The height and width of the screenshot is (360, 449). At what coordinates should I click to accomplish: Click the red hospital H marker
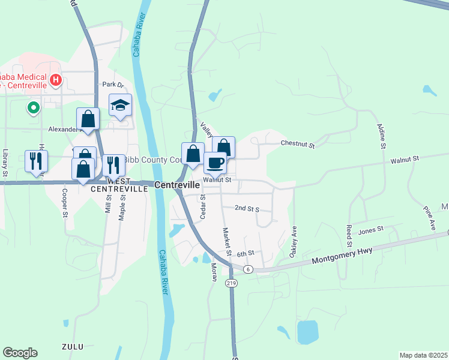pos(56,79)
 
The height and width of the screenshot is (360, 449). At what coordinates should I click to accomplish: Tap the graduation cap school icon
pos(120,106)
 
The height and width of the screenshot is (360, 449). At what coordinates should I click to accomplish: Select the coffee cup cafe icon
pos(215,161)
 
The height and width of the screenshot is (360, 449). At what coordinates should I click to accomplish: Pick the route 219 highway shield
pos(231,283)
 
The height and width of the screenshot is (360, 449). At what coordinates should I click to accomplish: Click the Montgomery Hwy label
pos(341,256)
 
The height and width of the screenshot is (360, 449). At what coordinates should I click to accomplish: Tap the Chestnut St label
pos(298,143)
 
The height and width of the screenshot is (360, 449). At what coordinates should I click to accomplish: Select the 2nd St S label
pos(246,208)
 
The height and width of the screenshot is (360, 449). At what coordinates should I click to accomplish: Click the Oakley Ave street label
pos(294,242)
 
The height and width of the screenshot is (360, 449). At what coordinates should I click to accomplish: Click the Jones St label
pos(370,230)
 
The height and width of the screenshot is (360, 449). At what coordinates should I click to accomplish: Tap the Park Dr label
pos(112,85)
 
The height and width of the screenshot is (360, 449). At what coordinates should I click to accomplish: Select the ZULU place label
pos(72,347)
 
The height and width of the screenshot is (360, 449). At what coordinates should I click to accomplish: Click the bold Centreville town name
pos(177,185)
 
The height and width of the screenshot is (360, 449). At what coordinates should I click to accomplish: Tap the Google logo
pos(20,353)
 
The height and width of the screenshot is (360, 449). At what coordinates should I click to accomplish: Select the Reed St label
pos(349,236)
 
